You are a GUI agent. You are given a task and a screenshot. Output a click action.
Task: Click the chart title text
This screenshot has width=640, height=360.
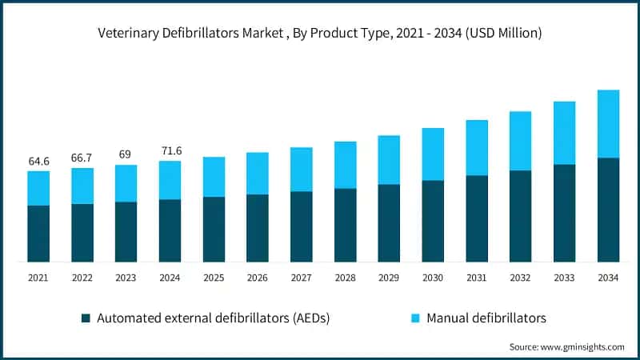click(320, 34)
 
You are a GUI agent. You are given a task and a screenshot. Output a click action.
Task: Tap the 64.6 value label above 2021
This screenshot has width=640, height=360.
click(38, 162)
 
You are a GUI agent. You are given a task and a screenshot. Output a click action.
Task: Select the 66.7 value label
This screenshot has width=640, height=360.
click(82, 158)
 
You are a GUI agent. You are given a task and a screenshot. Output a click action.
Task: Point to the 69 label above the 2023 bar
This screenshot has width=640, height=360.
click(126, 154)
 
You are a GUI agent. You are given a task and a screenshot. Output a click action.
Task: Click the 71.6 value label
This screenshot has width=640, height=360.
click(170, 151)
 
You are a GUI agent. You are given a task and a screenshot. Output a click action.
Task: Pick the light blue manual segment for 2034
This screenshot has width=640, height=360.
click(608, 124)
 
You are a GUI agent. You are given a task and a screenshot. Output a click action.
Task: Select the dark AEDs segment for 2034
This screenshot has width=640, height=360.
click(608, 210)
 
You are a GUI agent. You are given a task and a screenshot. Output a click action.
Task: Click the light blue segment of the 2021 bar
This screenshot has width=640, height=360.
click(38, 188)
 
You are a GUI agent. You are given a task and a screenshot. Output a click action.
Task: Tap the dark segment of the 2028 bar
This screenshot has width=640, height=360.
click(345, 225)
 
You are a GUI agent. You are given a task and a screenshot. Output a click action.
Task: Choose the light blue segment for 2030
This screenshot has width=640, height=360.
click(433, 154)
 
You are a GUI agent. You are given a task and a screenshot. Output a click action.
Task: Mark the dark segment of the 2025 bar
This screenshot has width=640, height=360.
click(214, 229)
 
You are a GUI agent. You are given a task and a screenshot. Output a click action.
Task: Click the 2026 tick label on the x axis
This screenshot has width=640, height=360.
click(258, 278)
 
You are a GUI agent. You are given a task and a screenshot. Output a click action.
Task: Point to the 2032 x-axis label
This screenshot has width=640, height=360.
click(520, 278)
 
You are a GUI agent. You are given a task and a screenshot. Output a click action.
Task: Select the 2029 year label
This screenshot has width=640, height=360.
click(389, 278)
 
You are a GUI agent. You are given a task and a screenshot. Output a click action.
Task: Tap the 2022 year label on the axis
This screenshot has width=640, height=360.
click(82, 278)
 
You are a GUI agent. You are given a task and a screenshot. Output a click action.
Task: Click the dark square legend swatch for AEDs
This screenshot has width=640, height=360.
click(86, 318)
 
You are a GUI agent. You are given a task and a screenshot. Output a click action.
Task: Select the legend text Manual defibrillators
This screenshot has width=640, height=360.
click(486, 318)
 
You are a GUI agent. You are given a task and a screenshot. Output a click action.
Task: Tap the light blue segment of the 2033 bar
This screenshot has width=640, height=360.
click(564, 133)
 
